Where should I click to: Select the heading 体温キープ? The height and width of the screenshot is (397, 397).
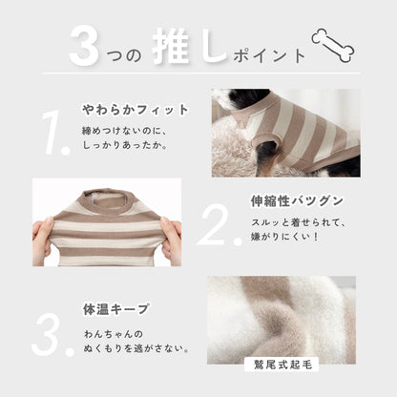115,310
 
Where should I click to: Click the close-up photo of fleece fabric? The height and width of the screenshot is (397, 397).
282,319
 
